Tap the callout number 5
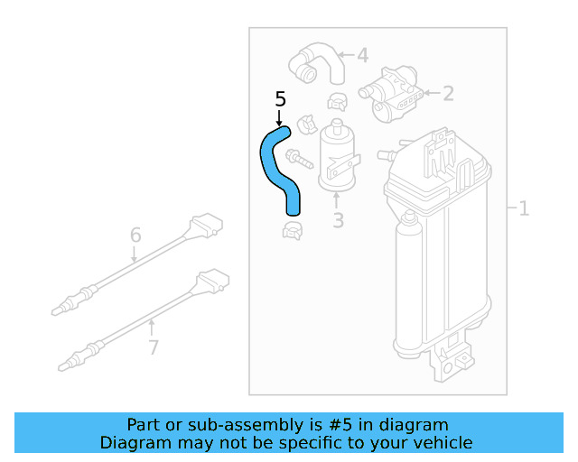[280, 99]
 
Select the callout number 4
[362, 56]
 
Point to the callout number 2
[448, 92]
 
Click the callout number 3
[338, 220]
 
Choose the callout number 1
[523, 208]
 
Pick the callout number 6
[135, 236]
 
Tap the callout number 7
[153, 346]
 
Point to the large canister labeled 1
[438, 244]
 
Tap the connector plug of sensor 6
[206, 225]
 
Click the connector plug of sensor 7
[213, 282]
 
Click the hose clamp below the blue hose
[293, 231]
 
